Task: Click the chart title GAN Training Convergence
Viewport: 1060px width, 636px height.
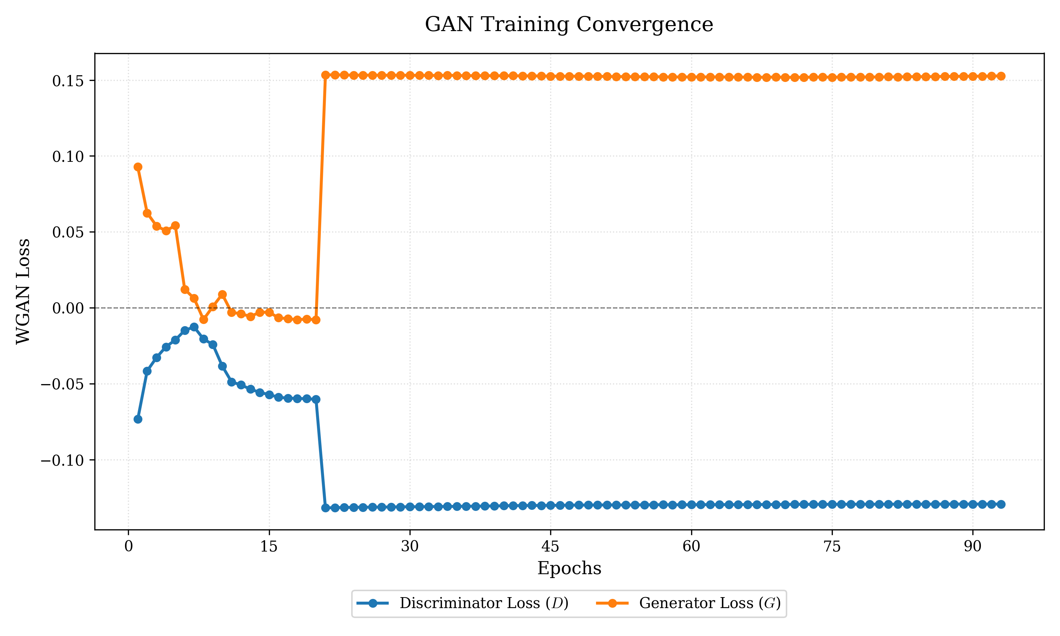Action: [569, 24]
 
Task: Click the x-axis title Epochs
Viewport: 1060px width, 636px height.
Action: [569, 568]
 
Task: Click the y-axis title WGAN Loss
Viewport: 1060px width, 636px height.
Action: [23, 291]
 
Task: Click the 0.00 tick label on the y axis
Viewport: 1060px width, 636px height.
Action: [68, 308]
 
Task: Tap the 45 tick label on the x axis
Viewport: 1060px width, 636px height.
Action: [550, 546]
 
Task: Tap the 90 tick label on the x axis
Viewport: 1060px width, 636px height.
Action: [973, 546]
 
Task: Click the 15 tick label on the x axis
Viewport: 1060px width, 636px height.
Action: [269, 546]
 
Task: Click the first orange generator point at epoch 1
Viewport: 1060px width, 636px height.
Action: [138, 167]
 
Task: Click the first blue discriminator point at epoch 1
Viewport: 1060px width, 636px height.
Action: [138, 419]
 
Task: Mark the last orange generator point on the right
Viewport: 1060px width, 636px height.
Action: [1001, 76]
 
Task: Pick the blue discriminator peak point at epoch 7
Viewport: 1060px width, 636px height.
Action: [194, 327]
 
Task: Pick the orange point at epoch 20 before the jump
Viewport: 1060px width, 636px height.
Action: [316, 320]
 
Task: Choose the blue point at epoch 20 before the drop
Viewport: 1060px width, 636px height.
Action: [316, 399]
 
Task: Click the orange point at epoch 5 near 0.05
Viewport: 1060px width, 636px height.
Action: [175, 226]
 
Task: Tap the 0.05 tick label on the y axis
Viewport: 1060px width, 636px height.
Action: [68, 232]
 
